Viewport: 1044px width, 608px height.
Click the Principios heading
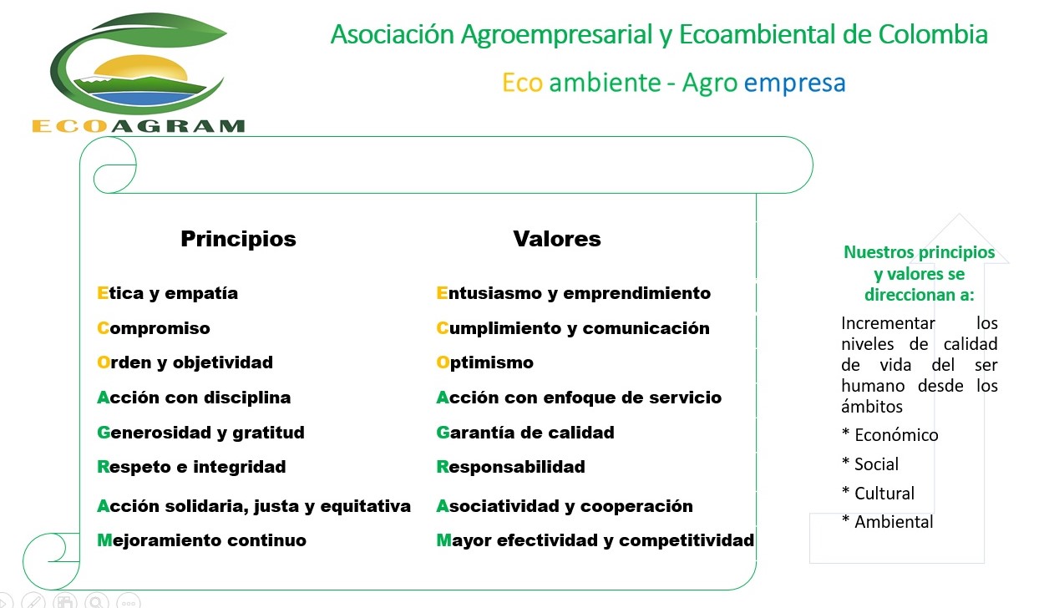[238, 240]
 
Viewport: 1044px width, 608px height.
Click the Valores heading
[557, 239]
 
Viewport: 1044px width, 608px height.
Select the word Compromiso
[154, 328]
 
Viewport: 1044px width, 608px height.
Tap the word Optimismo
[484, 362]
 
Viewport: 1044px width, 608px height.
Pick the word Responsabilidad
[510, 467]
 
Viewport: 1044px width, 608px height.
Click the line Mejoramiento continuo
[201, 540]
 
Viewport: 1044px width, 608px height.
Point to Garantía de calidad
[525, 433]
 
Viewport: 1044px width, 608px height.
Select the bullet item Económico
[889, 434]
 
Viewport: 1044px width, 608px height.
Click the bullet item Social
[870, 464]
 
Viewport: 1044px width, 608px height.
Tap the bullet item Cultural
[878, 493]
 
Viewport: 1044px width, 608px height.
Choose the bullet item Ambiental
[887, 522]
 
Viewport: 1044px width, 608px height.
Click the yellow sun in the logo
[139, 68]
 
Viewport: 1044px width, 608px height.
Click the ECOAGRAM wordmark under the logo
[139, 126]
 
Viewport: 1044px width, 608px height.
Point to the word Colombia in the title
[933, 34]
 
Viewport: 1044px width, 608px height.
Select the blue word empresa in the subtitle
[794, 83]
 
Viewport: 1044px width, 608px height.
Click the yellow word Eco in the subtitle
[523, 83]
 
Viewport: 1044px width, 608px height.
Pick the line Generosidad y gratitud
[200, 433]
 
